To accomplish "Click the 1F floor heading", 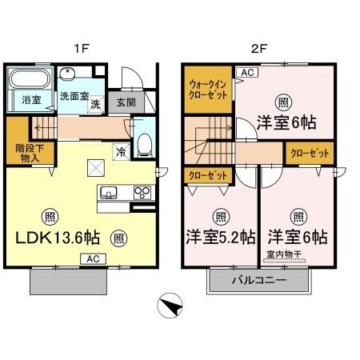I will pyautogui.click(x=82, y=48).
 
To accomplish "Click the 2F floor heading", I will pyautogui.click(x=258, y=48).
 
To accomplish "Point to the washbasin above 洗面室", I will pyautogui.click(x=70, y=77).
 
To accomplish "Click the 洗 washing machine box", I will pyautogui.click(x=94, y=104).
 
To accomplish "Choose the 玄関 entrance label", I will pyautogui.click(x=126, y=102).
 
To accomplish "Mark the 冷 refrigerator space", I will pyautogui.click(x=120, y=150).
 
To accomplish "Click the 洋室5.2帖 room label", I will pyautogui.click(x=222, y=238).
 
